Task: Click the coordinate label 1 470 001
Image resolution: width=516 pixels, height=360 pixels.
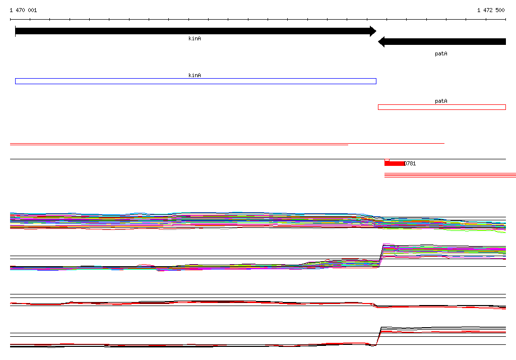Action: (x=23, y=10)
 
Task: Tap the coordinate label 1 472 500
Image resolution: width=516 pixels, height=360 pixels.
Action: (x=491, y=10)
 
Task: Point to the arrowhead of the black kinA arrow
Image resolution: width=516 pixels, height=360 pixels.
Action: (x=373, y=31)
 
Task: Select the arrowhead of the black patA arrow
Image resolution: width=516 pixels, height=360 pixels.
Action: (x=381, y=42)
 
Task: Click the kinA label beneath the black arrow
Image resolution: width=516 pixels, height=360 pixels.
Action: (x=195, y=38)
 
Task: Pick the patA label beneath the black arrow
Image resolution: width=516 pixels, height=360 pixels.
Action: (x=441, y=53)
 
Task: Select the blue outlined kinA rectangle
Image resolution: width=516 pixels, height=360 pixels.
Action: (x=196, y=79)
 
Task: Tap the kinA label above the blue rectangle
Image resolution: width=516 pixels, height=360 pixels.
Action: (x=195, y=75)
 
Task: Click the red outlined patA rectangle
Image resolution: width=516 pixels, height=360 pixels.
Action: (x=441, y=105)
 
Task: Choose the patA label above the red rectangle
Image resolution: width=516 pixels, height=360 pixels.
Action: (x=441, y=101)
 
